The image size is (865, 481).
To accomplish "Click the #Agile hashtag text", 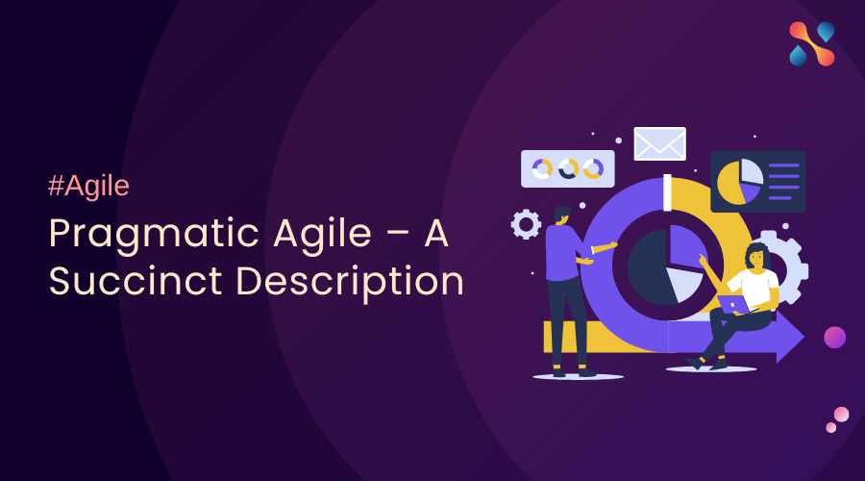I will pyautogui.click(x=88, y=187).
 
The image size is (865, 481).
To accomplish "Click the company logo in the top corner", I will pyautogui.click(x=812, y=44).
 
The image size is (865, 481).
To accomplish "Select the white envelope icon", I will pyautogui.click(x=659, y=143).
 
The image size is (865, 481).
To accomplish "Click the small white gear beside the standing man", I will pyautogui.click(x=526, y=224).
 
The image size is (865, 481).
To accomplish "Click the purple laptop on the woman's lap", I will pyautogui.click(x=733, y=304).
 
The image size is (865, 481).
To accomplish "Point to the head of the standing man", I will pyautogui.click(x=561, y=213).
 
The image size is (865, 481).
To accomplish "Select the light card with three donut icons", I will pyautogui.click(x=567, y=168).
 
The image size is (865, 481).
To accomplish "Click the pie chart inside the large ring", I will pyautogui.click(x=666, y=264).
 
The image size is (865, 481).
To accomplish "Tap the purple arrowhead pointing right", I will pyautogui.click(x=790, y=337).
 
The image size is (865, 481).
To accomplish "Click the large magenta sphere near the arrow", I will pyautogui.click(x=834, y=337).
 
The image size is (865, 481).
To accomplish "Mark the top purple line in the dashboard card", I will pyautogui.click(x=784, y=165).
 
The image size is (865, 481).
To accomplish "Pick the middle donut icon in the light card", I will pyautogui.click(x=568, y=168).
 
